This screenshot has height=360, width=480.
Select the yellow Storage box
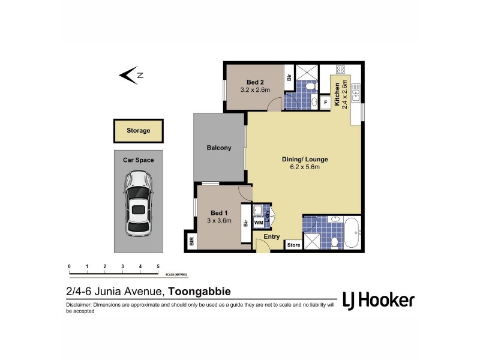pyautogui.click(x=138, y=130)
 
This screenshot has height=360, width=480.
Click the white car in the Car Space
pyautogui.click(x=139, y=203)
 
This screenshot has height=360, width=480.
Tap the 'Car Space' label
pyautogui.click(x=139, y=160)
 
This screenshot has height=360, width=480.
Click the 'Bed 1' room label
pyautogui.click(x=219, y=213)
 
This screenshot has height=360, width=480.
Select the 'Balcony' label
pyautogui.click(x=219, y=148)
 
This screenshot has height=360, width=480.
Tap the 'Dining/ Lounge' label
pyautogui.click(x=305, y=160)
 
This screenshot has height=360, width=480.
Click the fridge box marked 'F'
pyautogui.click(x=325, y=102)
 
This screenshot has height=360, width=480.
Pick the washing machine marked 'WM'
pyautogui.click(x=259, y=223)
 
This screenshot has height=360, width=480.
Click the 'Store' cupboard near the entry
pyautogui.click(x=293, y=245)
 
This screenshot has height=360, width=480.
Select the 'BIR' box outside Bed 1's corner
pyautogui.click(x=191, y=242)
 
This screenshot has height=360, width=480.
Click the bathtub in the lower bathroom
pyautogui.click(x=352, y=233)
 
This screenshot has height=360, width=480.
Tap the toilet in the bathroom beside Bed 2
pyautogui.click(x=310, y=88)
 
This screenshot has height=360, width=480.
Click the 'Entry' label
pyautogui.click(x=272, y=236)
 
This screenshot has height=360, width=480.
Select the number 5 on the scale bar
pyautogui.click(x=158, y=266)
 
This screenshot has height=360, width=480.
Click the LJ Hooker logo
pyautogui.click(x=378, y=299)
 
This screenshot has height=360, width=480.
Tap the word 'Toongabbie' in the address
pyautogui.click(x=200, y=292)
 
